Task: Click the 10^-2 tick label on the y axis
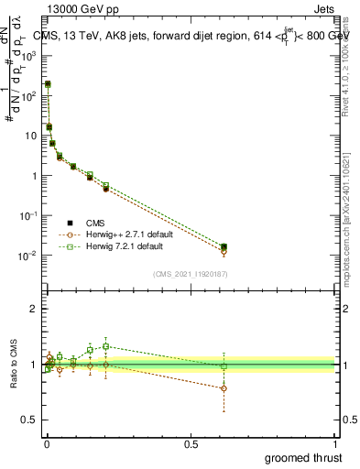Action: pyautogui.click(x=27, y=256)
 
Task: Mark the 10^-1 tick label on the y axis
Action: pyautogui.click(x=27, y=215)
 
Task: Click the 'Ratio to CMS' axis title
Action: pyautogui.click(x=14, y=364)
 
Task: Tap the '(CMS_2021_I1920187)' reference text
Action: pyautogui.click(x=191, y=273)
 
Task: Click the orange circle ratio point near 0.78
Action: pyautogui.click(x=224, y=388)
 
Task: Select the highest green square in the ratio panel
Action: pyautogui.click(x=106, y=346)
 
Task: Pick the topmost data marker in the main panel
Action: pyautogui.click(x=48, y=84)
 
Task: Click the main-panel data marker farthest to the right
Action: pyautogui.click(x=224, y=247)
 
